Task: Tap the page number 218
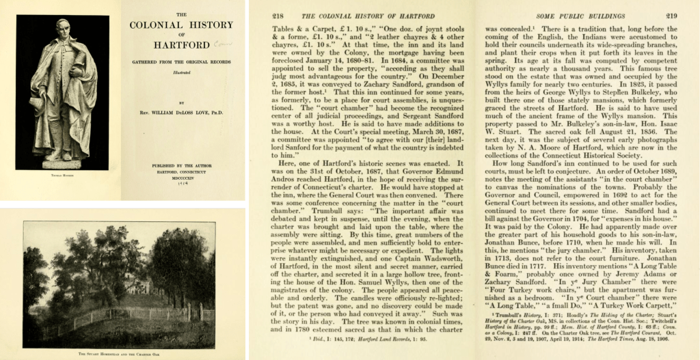click(278, 15)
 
